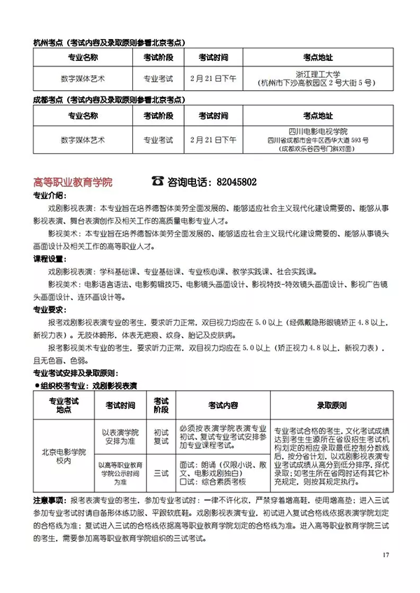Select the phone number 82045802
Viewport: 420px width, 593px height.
[233, 182]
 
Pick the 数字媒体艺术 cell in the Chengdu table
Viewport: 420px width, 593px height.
[83, 139]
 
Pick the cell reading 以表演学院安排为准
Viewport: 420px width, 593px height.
[121, 438]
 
